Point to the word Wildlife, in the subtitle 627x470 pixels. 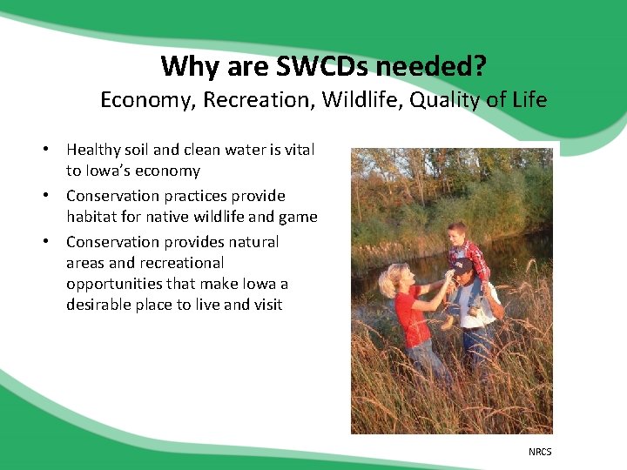pos(358,100)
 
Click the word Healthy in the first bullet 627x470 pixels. pos(94,150)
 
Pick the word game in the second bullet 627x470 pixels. pos(298,217)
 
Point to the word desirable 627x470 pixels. pos(99,305)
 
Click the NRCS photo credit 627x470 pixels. pos(540,451)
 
